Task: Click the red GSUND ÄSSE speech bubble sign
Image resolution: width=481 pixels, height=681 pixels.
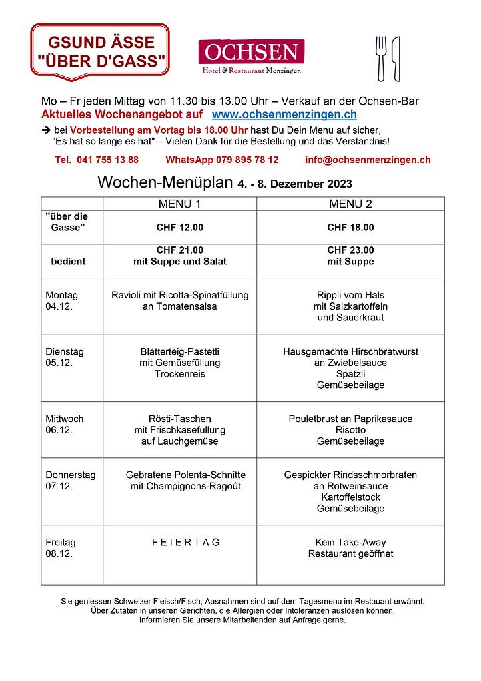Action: [x=100, y=50]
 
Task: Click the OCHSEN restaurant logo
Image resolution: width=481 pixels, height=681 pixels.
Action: [x=251, y=56]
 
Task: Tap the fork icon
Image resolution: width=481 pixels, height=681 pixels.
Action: [x=382, y=57]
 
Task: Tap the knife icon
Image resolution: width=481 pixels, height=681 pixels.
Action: [x=396, y=58]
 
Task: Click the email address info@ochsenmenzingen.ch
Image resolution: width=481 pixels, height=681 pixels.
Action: [x=368, y=160]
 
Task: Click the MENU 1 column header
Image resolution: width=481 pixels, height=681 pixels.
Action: [x=179, y=204]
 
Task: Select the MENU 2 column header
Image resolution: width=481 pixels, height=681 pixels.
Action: [x=350, y=204]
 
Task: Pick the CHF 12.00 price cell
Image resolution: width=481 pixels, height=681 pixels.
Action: [x=179, y=228]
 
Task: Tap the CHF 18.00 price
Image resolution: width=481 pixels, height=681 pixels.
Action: [x=350, y=228]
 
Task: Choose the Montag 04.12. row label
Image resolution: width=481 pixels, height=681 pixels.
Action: [x=61, y=301]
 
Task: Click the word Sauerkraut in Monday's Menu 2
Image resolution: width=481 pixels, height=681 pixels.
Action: [x=350, y=318]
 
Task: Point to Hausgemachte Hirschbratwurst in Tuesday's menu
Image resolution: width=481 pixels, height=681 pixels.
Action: [x=350, y=351]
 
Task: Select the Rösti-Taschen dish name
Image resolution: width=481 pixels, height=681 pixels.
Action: [x=179, y=419]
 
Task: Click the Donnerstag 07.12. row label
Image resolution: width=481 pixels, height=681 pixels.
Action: [x=70, y=481]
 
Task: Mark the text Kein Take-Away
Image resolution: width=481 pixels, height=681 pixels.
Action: [x=350, y=542]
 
